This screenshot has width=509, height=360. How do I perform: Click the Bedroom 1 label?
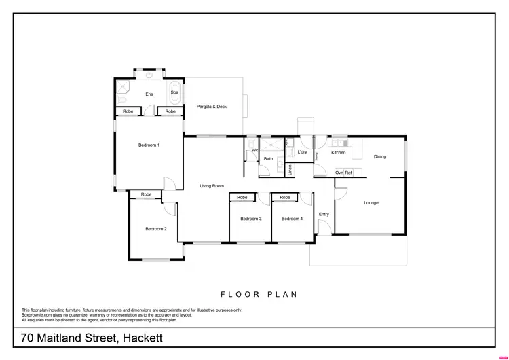tap(149, 145)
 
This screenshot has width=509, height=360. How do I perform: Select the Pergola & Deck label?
tap(211, 107)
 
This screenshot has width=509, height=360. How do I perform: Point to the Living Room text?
tap(212, 185)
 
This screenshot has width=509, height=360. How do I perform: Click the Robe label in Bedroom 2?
tap(147, 195)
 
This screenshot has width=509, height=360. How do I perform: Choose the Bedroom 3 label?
tap(250, 218)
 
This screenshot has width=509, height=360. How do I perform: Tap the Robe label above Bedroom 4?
tap(285, 198)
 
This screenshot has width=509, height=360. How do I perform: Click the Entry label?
tap(324, 215)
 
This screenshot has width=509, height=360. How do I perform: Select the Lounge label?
tap(371, 202)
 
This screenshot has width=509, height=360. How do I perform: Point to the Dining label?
tap(379, 156)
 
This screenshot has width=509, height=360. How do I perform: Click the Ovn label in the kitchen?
tap(339, 173)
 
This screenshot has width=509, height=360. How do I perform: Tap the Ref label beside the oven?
tap(348, 173)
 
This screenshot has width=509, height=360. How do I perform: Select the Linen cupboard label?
tap(290, 170)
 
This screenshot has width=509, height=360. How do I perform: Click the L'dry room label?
tap(302, 152)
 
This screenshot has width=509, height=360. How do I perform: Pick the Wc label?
tap(253, 150)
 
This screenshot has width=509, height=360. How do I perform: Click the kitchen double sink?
tap(337, 142)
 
